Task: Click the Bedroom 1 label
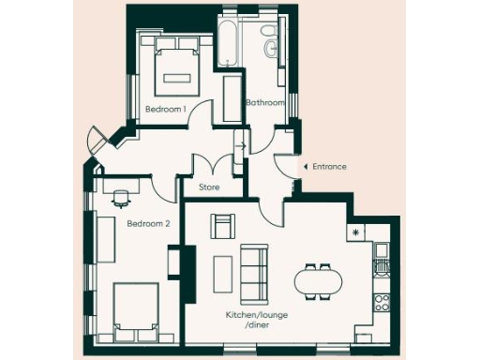[165, 110]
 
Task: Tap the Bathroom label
[264, 101]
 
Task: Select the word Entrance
[329, 167]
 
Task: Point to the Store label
[209, 187]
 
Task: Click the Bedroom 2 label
[148, 223]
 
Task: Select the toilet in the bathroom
[270, 45]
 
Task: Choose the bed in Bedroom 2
[137, 312]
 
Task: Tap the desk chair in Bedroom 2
[121, 198]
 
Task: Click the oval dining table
[318, 280]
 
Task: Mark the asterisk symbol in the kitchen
[356, 231]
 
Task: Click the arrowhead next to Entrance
[305, 167]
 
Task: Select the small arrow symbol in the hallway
[241, 146]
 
